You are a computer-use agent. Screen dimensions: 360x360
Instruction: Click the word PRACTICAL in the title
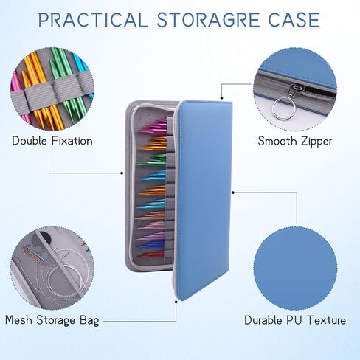point(94,20)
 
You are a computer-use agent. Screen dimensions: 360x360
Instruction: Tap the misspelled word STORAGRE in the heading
point(208,20)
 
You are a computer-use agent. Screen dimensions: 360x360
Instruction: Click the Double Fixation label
point(52,141)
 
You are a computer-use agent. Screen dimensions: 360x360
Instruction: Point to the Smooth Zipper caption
point(295,142)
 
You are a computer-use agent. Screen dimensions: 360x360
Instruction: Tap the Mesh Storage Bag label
point(52,320)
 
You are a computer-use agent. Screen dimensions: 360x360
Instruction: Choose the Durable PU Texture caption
point(295,320)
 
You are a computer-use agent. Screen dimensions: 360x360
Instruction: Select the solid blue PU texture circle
point(295,269)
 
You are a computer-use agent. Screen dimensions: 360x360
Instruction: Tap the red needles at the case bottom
point(150,254)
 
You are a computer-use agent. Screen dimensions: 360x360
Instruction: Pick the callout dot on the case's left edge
point(122,173)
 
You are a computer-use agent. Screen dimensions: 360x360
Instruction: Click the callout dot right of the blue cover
point(233,193)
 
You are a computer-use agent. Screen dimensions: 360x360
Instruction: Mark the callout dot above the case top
point(221,98)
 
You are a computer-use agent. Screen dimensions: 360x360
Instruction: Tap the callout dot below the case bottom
point(176,302)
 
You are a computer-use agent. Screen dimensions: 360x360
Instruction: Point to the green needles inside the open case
point(152,159)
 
